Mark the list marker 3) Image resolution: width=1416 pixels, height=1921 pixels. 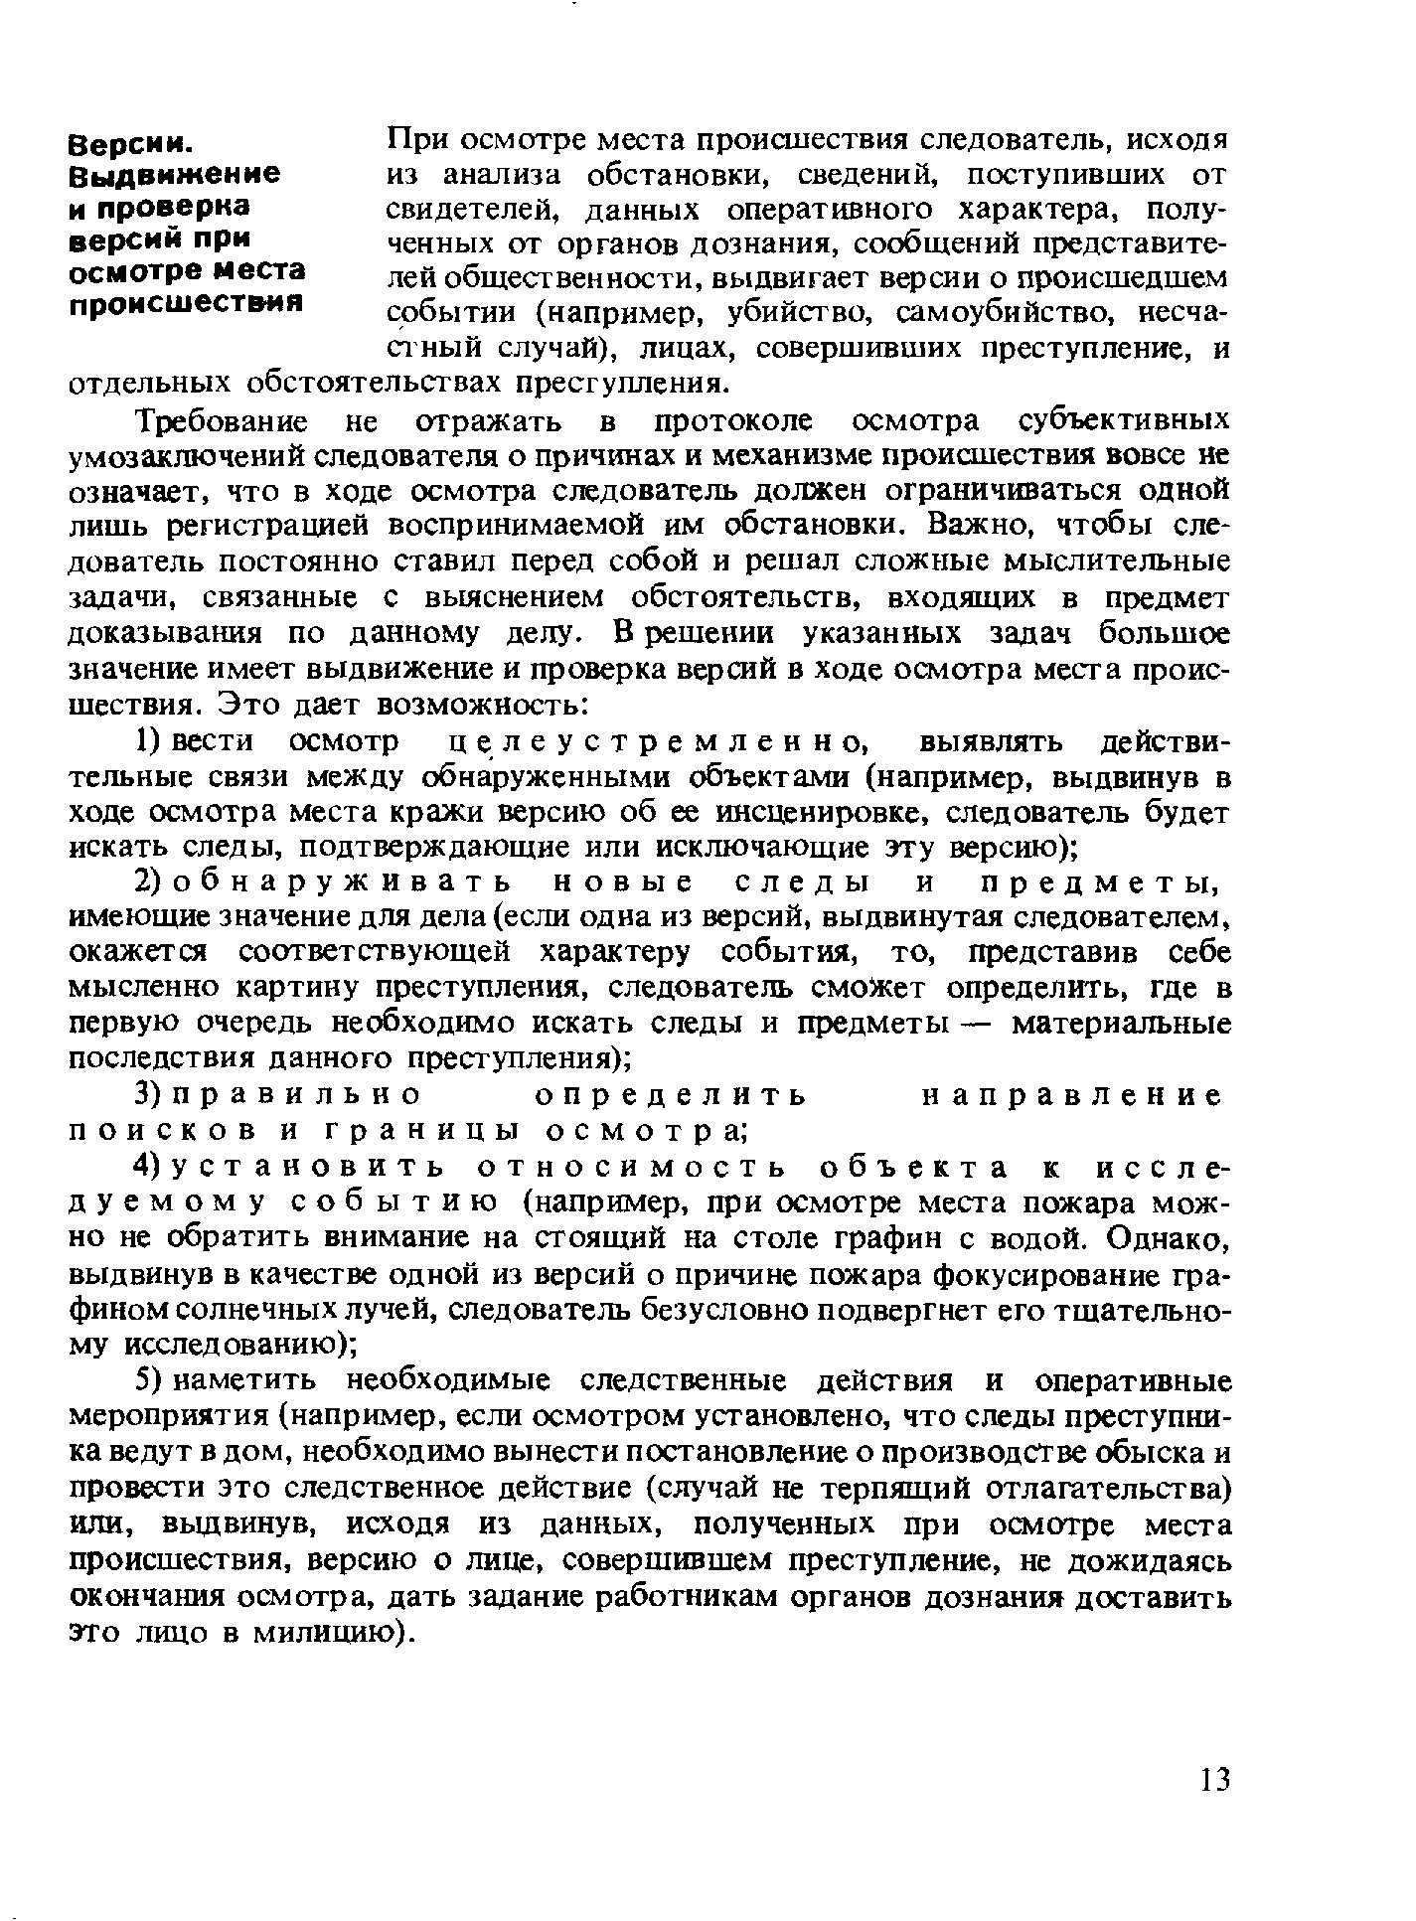tap(146, 1096)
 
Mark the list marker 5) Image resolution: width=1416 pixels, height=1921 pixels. tap(146, 1382)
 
